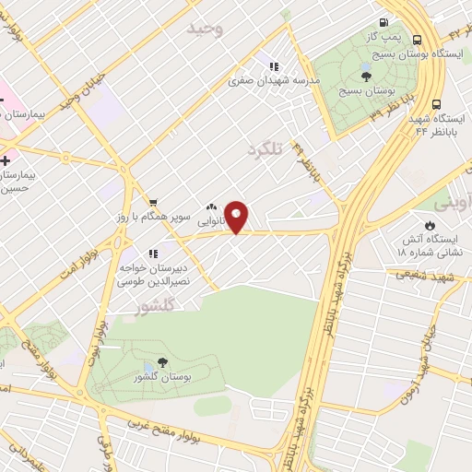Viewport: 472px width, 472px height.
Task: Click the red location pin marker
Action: [x=237, y=216]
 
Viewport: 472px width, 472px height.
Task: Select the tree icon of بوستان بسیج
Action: [x=366, y=77]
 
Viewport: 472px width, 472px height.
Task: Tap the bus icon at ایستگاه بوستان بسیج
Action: [x=418, y=41]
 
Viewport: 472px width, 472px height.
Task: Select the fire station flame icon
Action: [x=430, y=224]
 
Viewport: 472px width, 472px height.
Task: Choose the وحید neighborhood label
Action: [x=205, y=29]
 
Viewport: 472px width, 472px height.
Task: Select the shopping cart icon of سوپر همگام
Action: [x=153, y=203]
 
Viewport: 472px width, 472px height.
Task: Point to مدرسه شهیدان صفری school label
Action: [x=274, y=81]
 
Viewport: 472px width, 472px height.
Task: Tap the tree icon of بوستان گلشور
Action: [x=163, y=363]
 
